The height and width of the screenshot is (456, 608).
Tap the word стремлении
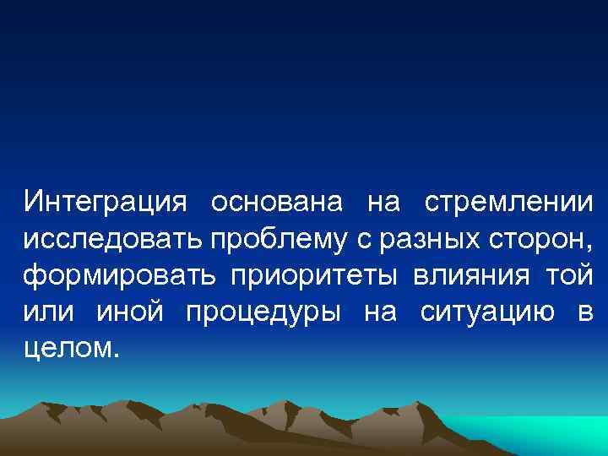coord(508,204)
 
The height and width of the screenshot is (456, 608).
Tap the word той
coord(569,276)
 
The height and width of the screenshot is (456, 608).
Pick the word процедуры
coord(262,312)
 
